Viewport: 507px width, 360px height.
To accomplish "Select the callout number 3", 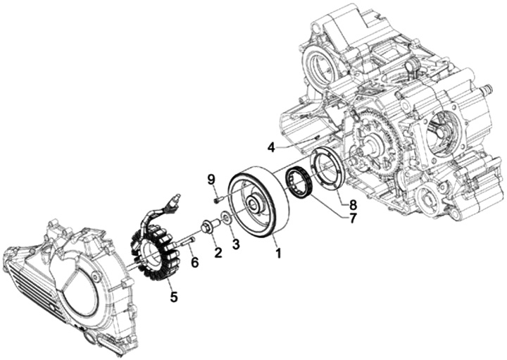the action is (236, 244).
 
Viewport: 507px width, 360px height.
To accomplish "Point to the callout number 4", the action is (271, 147).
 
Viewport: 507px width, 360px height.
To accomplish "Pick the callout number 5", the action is (173, 297).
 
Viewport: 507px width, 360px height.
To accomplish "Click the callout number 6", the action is (194, 262).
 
